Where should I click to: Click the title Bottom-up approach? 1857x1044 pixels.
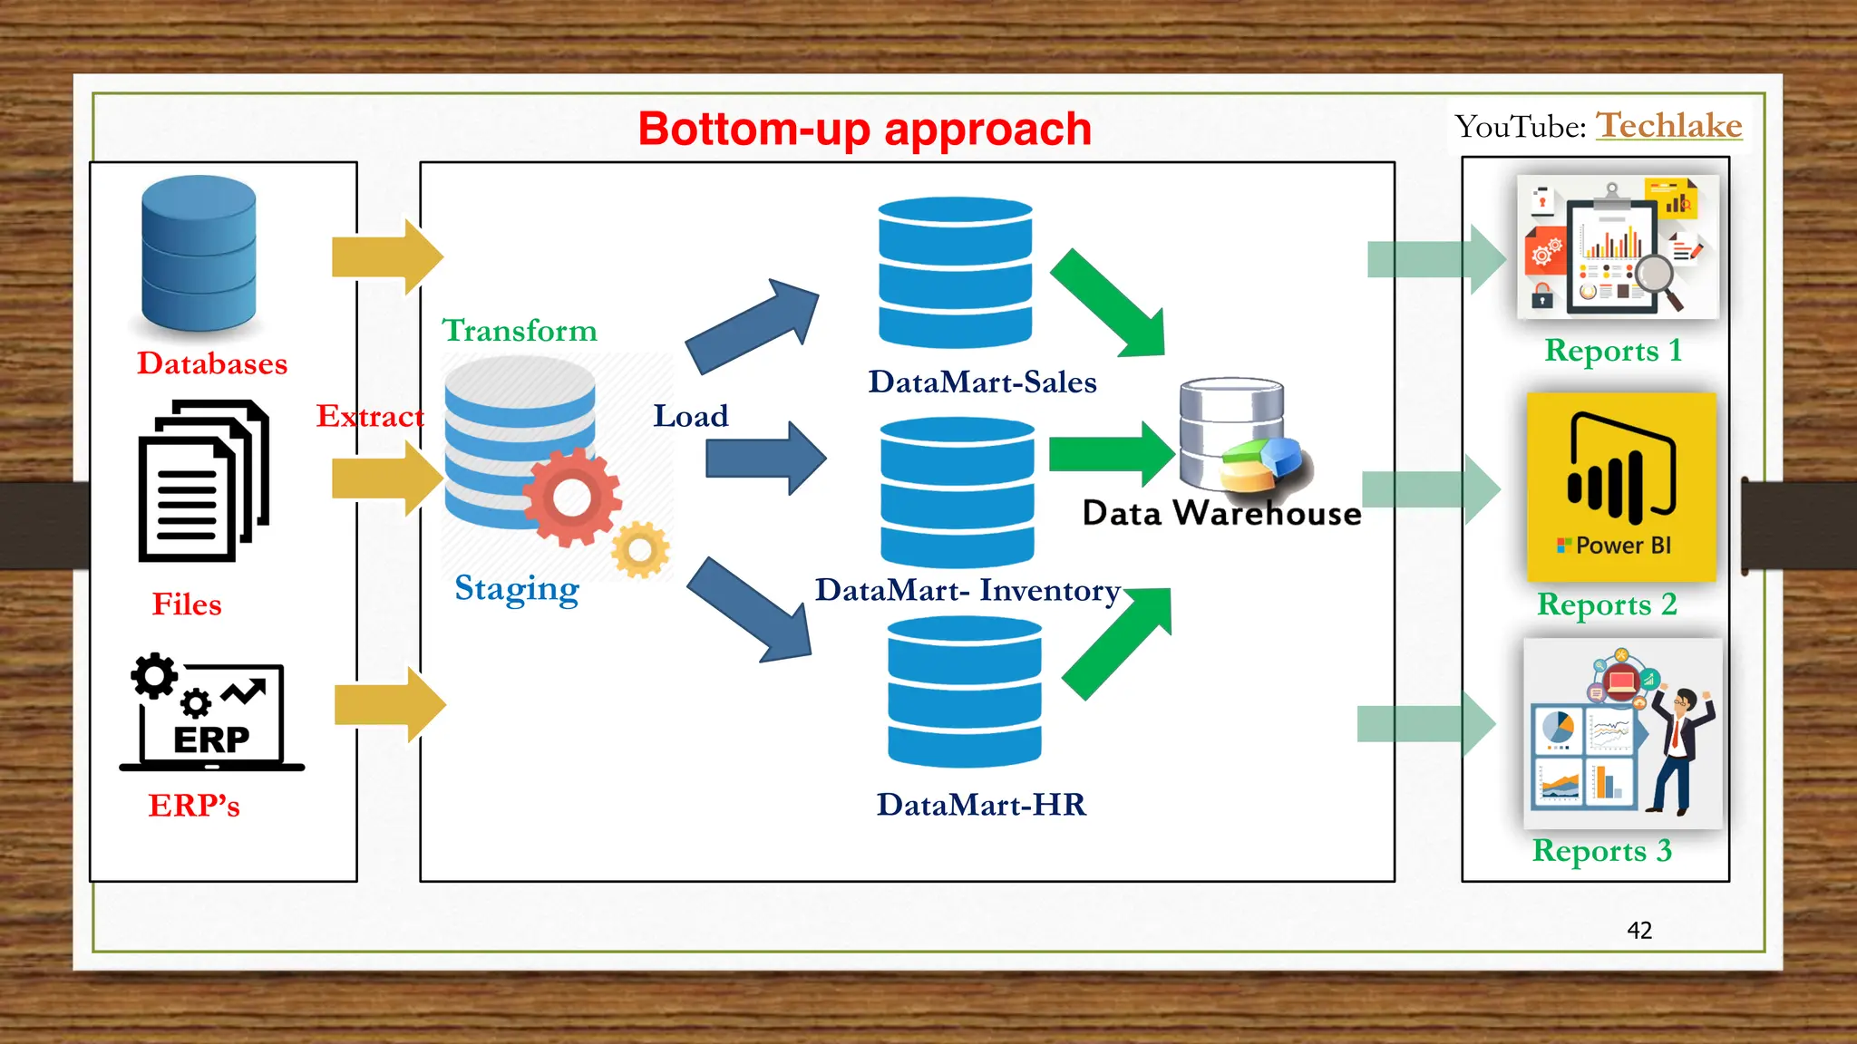tap(864, 129)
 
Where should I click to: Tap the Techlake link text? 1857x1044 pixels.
tap(1668, 125)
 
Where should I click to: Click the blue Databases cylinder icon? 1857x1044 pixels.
tap(199, 253)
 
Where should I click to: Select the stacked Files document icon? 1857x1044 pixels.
tap(203, 481)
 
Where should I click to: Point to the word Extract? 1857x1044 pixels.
tap(369, 416)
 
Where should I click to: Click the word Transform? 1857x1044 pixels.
tap(520, 330)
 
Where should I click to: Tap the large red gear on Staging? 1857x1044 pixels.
tap(572, 498)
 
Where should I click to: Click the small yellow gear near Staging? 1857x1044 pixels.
tap(640, 549)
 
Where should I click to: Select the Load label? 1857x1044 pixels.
tap(690, 416)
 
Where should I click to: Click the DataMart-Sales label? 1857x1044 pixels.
tap(982, 382)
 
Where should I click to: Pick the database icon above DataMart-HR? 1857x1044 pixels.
tap(964, 692)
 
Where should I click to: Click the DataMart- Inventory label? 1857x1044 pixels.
tap(967, 590)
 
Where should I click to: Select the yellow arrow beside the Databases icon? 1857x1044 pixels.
tap(387, 257)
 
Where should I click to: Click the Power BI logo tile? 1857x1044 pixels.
tap(1621, 487)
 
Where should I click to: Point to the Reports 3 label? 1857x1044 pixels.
tap(1601, 850)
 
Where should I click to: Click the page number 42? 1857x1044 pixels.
tap(1638, 930)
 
